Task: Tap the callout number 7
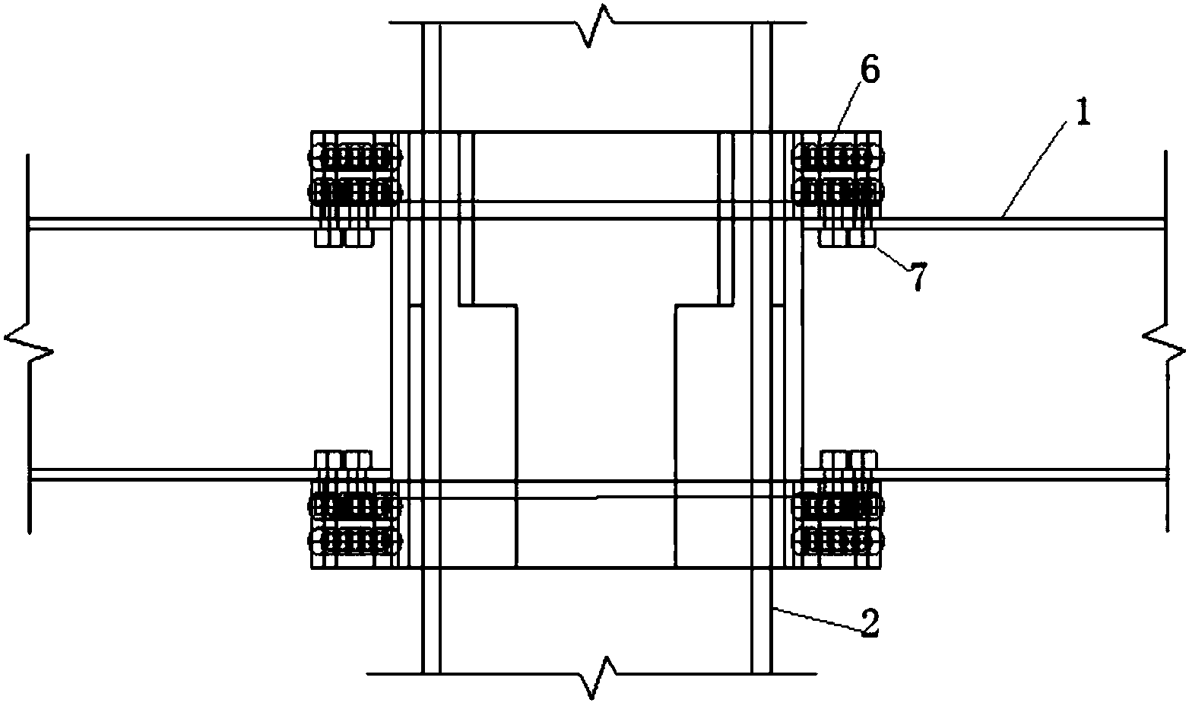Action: tap(918, 276)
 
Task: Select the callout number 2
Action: tap(869, 622)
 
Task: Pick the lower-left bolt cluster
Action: tap(355, 523)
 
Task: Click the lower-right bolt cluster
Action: tap(838, 523)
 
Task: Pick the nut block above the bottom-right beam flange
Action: tap(848, 460)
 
